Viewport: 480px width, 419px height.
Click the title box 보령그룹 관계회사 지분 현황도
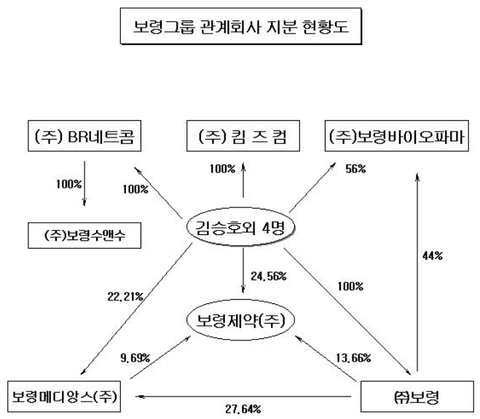tap(240, 29)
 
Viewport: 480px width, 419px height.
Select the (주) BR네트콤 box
tap(84, 135)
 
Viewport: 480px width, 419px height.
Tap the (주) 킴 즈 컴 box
tap(243, 135)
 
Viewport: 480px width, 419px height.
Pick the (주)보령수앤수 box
tap(84, 237)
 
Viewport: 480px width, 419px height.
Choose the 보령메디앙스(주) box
tap(67, 396)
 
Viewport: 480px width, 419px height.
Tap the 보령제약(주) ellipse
tap(243, 319)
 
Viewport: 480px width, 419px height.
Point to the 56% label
tap(355, 170)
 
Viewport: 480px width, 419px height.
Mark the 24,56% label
tap(268, 276)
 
